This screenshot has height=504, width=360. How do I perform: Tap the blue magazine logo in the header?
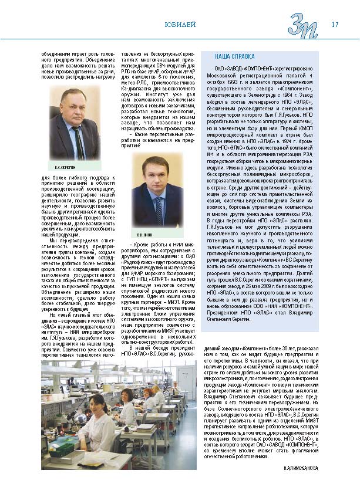(304, 25)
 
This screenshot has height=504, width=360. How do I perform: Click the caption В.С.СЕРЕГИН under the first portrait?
(63, 168)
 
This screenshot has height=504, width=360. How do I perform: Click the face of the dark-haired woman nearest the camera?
(97, 405)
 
